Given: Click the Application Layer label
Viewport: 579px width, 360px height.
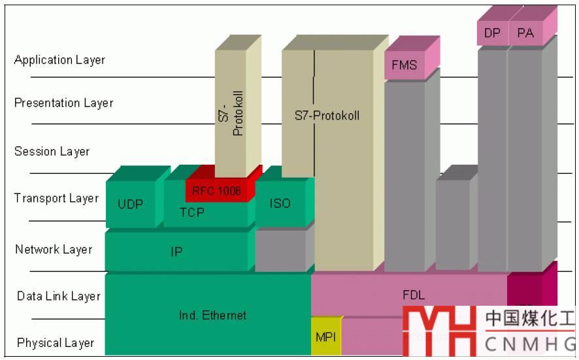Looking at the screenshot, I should click(59, 60).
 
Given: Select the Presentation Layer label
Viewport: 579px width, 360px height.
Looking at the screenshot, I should click(63, 103).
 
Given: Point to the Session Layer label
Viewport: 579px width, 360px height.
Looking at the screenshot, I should click(52, 152).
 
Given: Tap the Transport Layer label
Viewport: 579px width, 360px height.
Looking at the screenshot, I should click(56, 199).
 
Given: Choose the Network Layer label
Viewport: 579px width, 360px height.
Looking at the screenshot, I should click(54, 250).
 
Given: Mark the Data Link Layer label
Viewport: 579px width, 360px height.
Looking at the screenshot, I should click(59, 297).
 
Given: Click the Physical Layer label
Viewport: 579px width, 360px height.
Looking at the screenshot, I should click(56, 343).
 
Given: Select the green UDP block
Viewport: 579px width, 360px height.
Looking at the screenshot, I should click(131, 204).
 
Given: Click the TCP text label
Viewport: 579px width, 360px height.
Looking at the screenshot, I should click(191, 212).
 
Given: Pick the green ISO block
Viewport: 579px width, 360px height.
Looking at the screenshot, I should click(280, 203).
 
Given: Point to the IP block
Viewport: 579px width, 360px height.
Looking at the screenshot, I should click(176, 252).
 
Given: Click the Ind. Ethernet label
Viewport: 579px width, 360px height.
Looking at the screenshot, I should click(212, 316).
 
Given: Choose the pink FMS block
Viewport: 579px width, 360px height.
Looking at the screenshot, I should click(404, 65).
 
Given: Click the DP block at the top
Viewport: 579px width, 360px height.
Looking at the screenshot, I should click(492, 33).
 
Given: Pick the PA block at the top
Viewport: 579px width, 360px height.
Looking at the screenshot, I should click(525, 33).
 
